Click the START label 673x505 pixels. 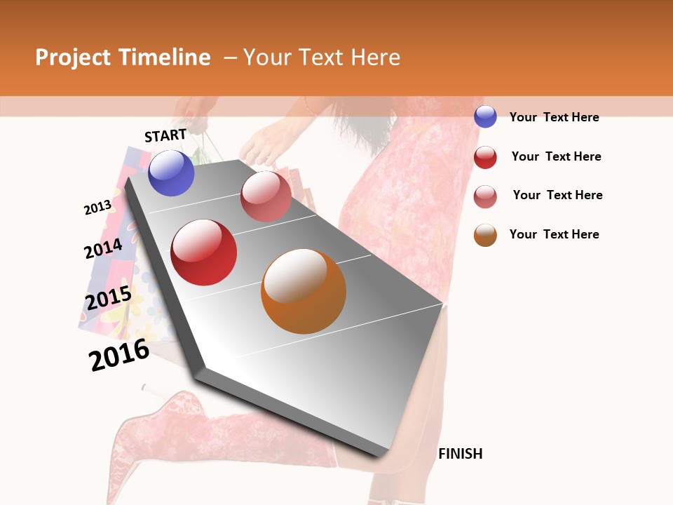pyautogui.click(x=165, y=135)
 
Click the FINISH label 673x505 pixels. pyautogui.click(x=461, y=454)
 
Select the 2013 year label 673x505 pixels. pyautogui.click(x=97, y=208)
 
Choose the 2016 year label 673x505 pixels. pyautogui.click(x=119, y=354)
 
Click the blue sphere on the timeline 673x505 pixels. pyautogui.click(x=171, y=173)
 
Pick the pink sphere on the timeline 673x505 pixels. pyautogui.click(x=266, y=196)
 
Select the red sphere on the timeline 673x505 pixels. pyautogui.click(x=204, y=252)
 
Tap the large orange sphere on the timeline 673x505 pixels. pyautogui.click(x=304, y=291)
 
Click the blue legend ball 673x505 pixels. pyautogui.click(x=485, y=116)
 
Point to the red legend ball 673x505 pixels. pyautogui.click(x=485, y=157)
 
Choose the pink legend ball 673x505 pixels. pyautogui.click(x=485, y=196)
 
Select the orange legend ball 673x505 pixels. pyautogui.click(x=485, y=235)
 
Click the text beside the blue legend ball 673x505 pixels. pyautogui.click(x=554, y=117)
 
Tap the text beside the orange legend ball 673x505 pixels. pyautogui.click(x=554, y=234)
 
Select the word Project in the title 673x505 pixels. pyautogui.click(x=73, y=58)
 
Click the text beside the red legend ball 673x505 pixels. pyautogui.click(x=556, y=156)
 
